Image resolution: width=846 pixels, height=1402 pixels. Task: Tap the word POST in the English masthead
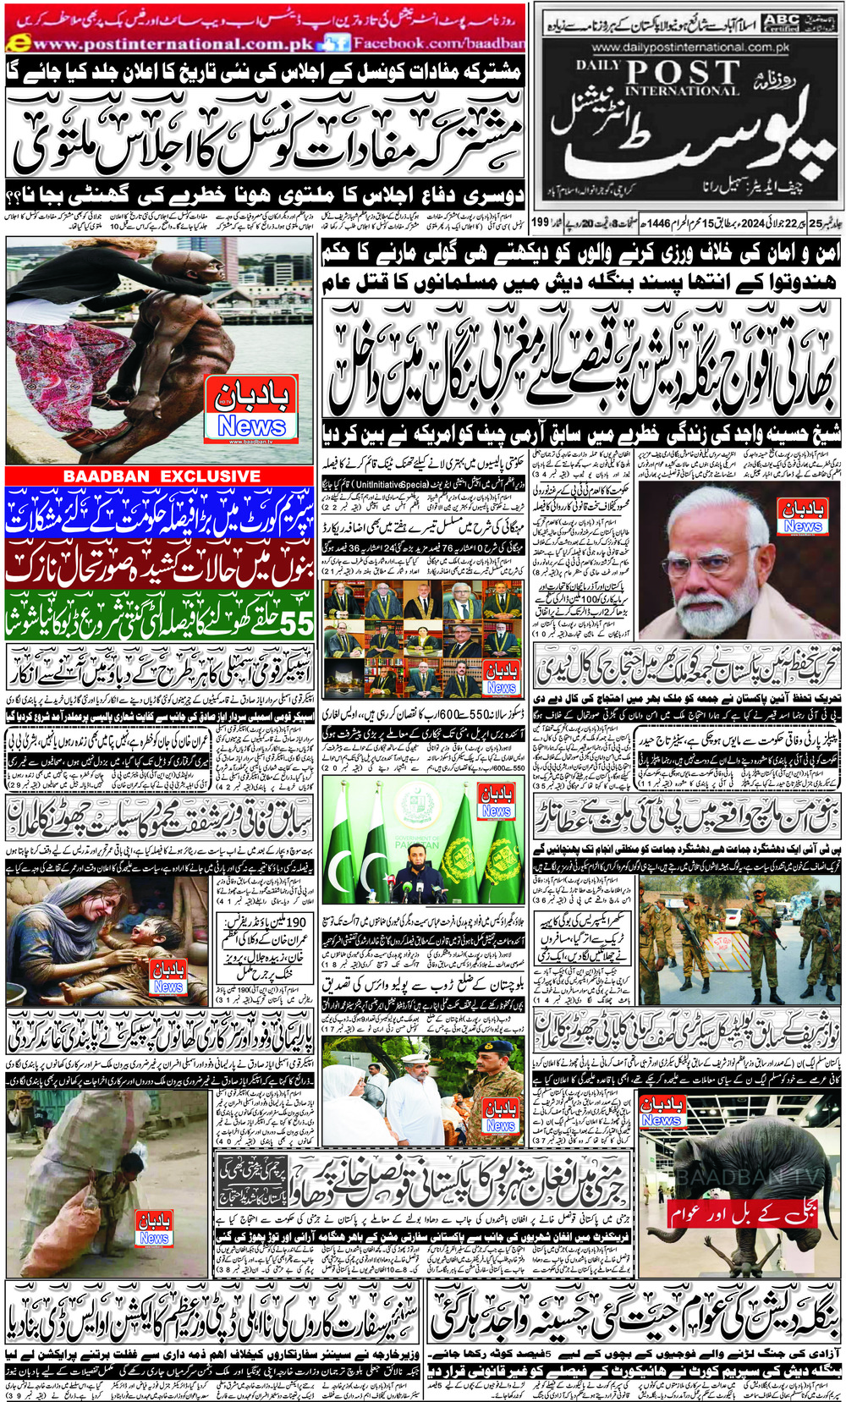point(684,73)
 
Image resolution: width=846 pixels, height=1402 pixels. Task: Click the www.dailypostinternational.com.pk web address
point(689,48)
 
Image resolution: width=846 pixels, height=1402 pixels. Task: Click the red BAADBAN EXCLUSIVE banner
point(162,476)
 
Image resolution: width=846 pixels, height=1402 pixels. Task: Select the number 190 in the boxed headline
point(296,922)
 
